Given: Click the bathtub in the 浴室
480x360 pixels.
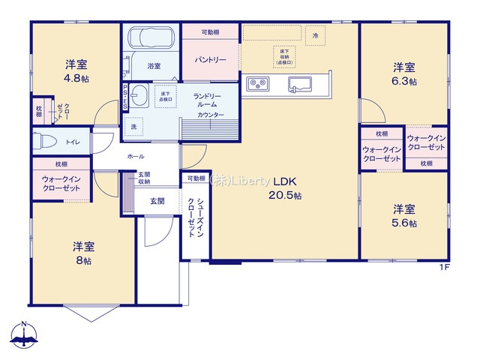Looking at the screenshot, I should (151, 37).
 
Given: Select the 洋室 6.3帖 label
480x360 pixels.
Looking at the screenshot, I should (404, 73).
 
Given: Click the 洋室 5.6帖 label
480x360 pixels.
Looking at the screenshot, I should (403, 215).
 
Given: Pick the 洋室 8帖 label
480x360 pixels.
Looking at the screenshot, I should (83, 253).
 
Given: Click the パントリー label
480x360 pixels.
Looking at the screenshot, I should (211, 58).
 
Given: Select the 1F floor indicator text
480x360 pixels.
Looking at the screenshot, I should (444, 268).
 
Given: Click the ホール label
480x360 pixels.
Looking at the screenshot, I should (136, 156).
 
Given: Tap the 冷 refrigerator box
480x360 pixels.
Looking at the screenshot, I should (315, 35).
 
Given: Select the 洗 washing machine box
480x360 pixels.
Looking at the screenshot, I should (133, 125).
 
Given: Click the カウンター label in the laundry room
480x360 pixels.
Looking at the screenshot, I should (209, 115).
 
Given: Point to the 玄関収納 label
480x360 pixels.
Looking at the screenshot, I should (143, 178).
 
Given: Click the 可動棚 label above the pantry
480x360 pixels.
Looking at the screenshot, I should (211, 32).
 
